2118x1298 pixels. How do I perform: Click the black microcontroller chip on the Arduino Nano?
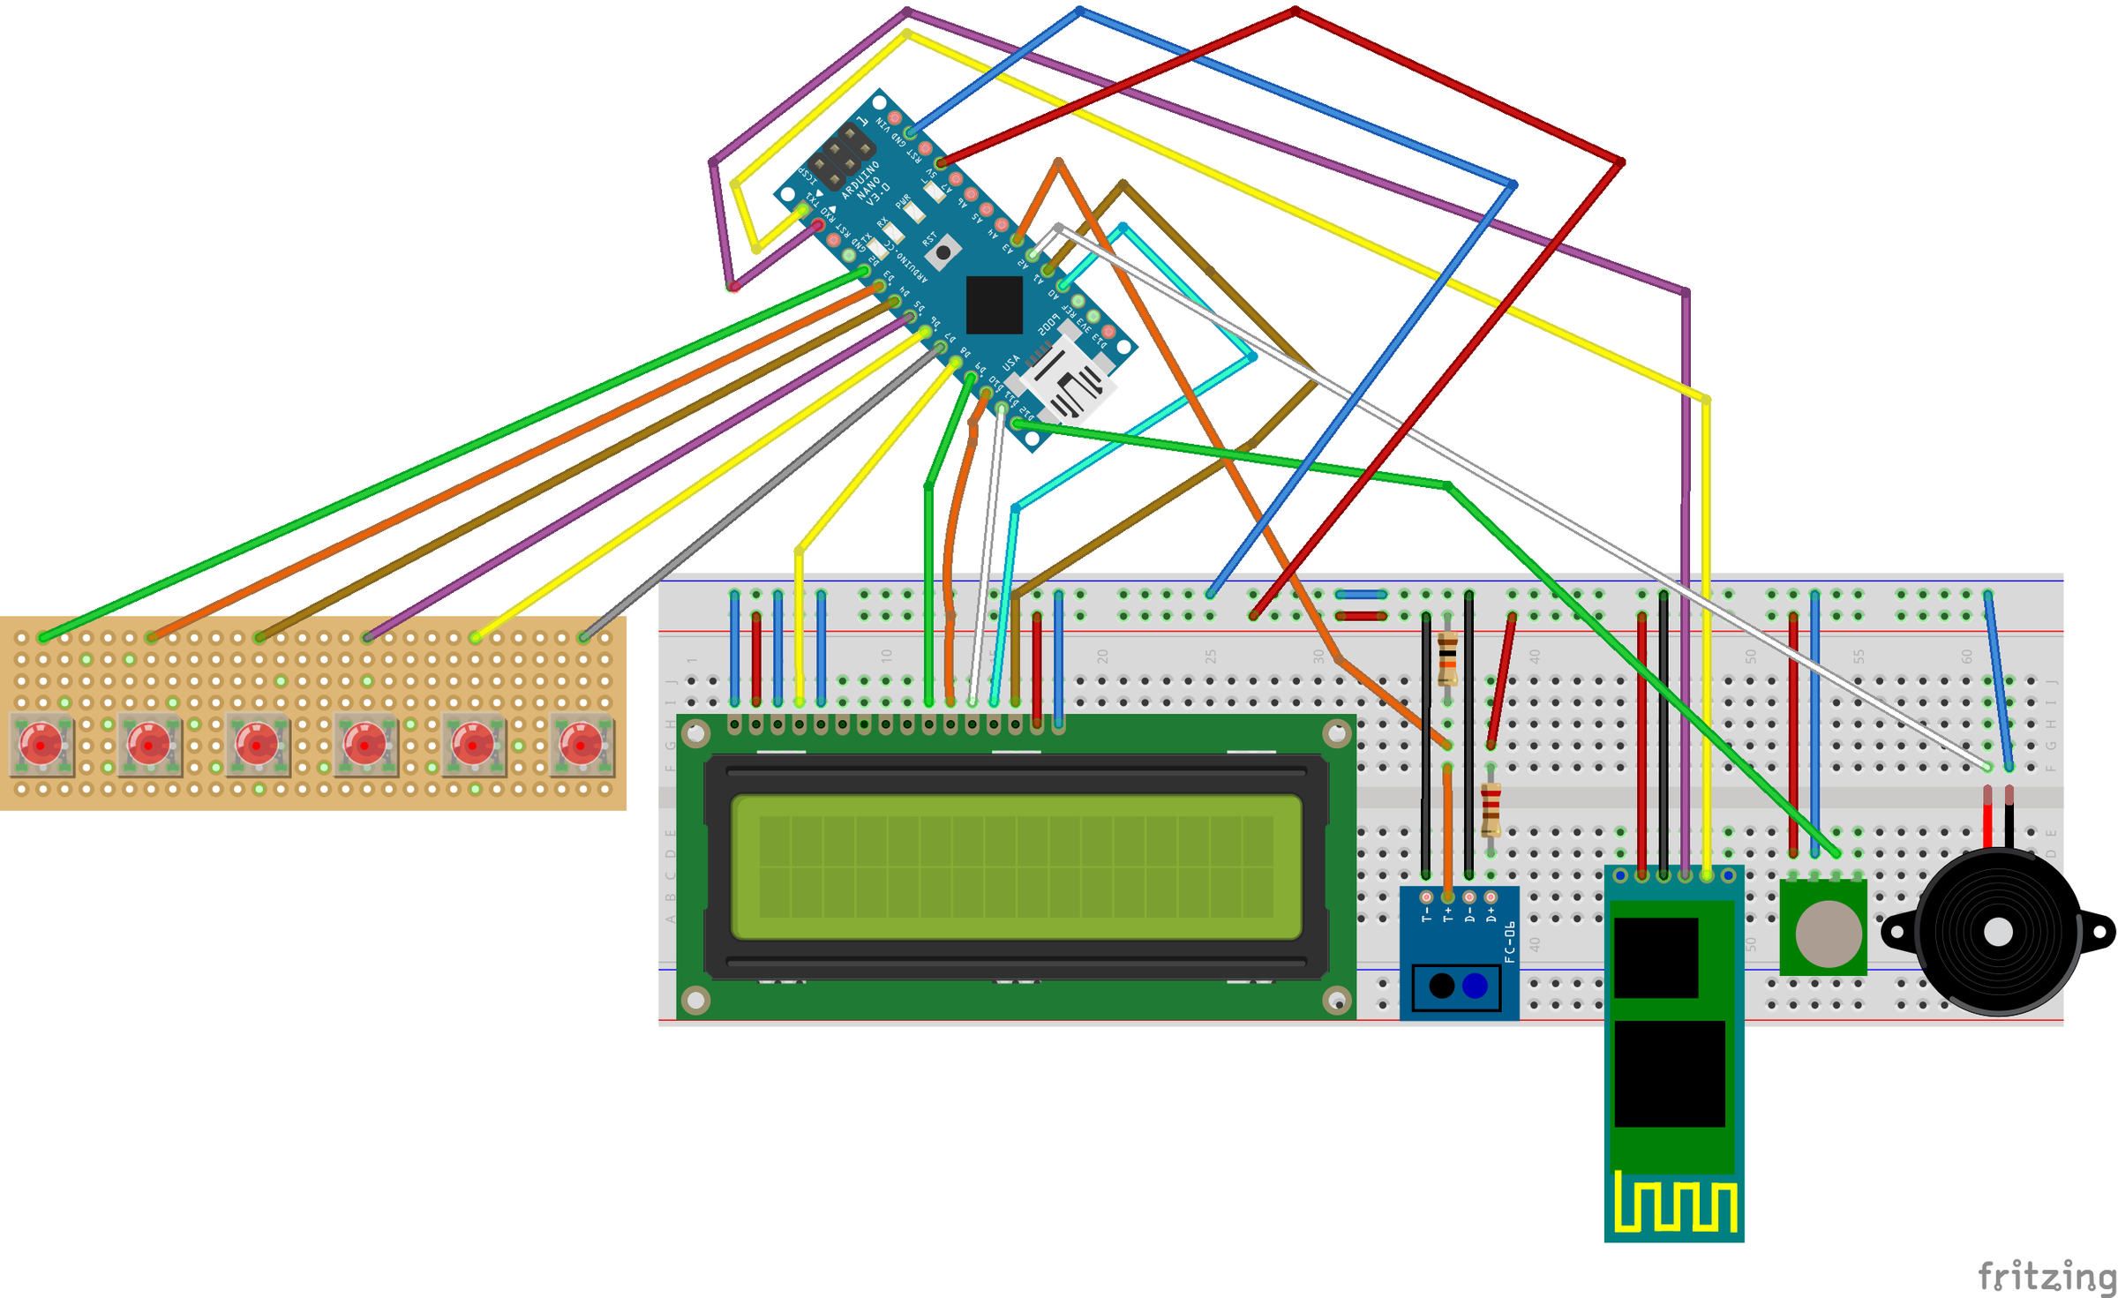point(995,305)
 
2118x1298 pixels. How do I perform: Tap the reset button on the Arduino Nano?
point(943,253)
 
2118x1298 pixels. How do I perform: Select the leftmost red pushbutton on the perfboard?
point(41,744)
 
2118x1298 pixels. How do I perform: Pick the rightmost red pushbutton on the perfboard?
point(581,744)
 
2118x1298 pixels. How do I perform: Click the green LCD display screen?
point(1016,867)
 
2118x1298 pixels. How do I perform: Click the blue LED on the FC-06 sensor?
point(1475,986)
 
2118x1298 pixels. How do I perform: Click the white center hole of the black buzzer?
point(1998,932)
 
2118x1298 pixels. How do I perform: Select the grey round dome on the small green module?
point(1828,933)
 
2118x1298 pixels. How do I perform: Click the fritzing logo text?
point(2046,1276)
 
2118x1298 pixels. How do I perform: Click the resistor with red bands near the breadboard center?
point(1491,809)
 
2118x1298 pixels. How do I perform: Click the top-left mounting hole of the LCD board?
point(695,733)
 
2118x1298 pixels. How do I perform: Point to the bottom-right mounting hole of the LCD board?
point(1338,1001)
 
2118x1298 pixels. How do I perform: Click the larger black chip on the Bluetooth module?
point(1669,1073)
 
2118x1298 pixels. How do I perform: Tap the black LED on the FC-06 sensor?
point(1441,986)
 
